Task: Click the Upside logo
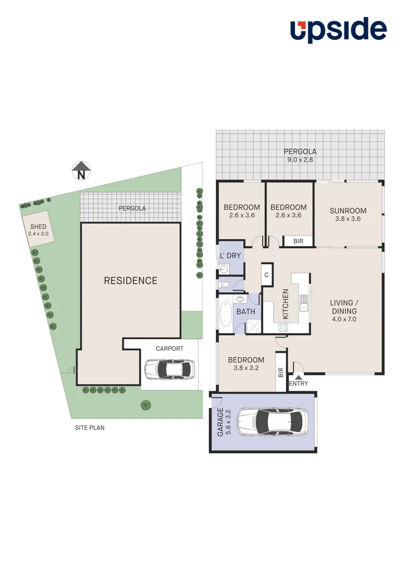338,30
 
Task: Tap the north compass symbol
81,171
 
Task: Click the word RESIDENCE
130,281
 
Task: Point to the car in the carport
170,368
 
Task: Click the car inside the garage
273,421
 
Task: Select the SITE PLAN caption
90,427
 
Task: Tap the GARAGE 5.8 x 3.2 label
224,423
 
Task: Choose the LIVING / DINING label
344,311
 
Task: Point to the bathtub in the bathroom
225,314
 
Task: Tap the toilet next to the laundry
225,285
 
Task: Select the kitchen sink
304,303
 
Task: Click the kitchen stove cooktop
282,328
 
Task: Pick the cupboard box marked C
266,275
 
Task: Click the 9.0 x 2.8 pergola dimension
300,159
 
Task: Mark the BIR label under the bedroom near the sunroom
298,241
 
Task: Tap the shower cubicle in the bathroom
252,326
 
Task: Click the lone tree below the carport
146,405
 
